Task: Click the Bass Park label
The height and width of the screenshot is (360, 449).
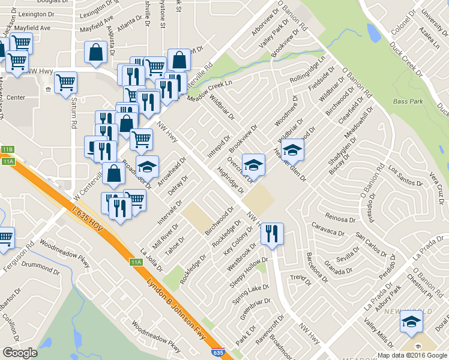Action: coord(409,103)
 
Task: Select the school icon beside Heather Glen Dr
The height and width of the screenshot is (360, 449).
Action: coord(292,150)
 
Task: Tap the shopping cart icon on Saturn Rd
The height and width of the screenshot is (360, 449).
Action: coord(65,82)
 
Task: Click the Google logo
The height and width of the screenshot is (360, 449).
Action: coord(20,353)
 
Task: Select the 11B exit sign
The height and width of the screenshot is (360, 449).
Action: coord(7,149)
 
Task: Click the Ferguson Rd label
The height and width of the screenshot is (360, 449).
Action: coord(22,254)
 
